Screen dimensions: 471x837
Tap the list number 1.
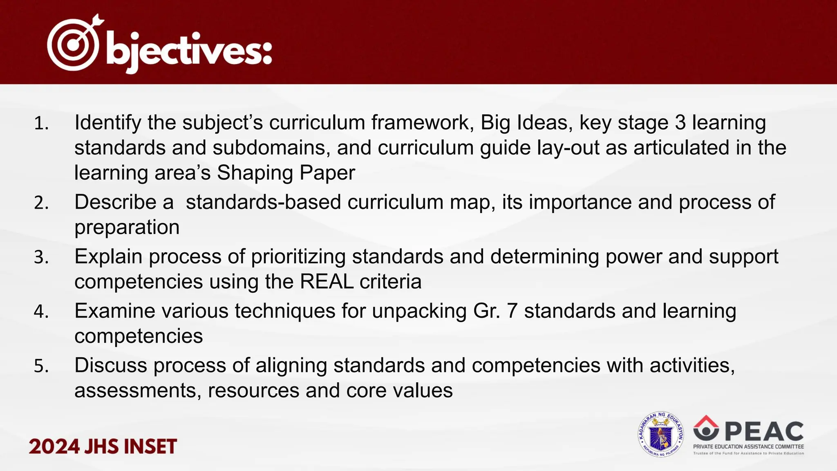click(41, 123)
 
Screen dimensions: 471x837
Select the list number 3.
click(41, 258)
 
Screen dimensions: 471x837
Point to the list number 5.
click(41, 366)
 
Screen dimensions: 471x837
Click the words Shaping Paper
click(286, 173)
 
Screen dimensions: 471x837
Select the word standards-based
click(263, 202)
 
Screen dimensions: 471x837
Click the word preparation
click(127, 227)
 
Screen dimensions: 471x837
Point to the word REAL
click(327, 282)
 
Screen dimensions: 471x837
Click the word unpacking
click(419, 312)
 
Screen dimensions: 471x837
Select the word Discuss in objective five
click(110, 365)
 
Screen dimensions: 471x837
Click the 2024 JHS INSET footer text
click(103, 446)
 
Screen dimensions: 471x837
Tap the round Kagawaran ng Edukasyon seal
click(660, 434)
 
